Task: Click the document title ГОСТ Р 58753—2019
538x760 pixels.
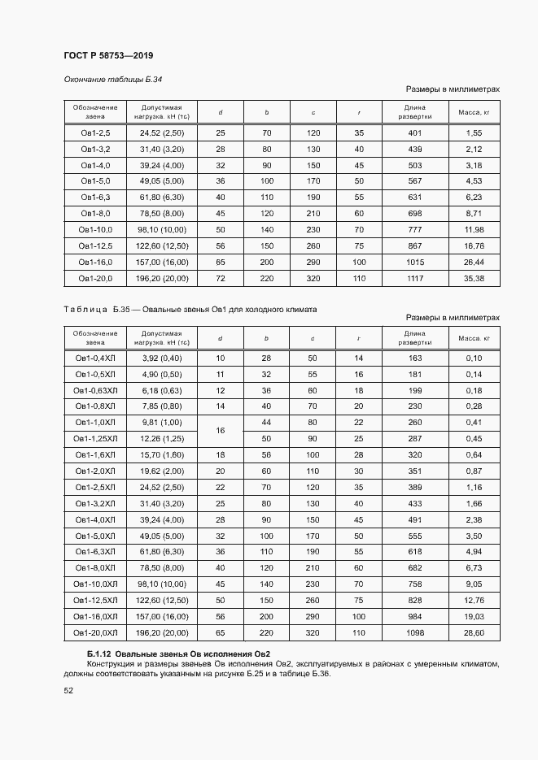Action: (108, 55)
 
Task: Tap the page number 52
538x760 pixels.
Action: (68, 691)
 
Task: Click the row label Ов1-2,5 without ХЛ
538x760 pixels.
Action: (95, 132)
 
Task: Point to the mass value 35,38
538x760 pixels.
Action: (475, 278)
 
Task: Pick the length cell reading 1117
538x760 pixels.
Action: (415, 278)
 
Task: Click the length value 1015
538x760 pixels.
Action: (415, 262)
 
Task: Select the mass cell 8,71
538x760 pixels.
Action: (475, 213)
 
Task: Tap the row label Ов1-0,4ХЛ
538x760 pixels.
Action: (95, 358)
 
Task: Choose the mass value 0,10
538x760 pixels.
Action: (475, 358)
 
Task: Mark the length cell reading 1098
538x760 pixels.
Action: (415, 632)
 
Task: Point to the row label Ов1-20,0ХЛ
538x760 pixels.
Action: (95, 632)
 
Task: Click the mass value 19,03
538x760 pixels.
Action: (475, 616)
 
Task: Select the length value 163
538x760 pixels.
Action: (415, 358)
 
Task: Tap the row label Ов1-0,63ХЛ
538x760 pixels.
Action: (95, 390)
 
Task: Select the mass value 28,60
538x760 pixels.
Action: (475, 632)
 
